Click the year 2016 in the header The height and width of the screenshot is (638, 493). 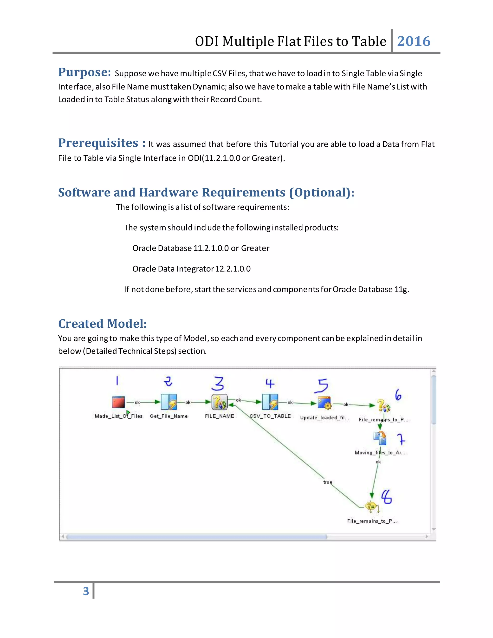coord(414,41)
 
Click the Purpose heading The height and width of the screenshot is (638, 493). coord(84,72)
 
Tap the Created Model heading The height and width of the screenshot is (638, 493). coord(102,324)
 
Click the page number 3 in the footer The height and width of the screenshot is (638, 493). coord(86,591)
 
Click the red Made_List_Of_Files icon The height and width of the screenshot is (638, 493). coord(118,402)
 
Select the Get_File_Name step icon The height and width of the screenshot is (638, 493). coord(169,402)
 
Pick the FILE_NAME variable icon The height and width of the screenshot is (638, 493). coord(219,402)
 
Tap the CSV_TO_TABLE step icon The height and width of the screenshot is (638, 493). coord(270,402)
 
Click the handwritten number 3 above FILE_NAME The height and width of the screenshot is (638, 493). coord(218,384)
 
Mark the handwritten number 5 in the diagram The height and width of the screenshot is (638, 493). coord(322,386)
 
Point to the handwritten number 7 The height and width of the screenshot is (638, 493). coord(401,439)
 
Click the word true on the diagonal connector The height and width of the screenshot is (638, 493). coord(328,482)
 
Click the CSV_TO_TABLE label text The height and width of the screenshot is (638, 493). coord(270,416)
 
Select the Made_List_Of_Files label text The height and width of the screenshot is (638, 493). coord(118,416)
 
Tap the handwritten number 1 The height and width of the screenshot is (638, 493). coord(117,381)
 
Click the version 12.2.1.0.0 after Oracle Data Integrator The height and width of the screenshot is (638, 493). coord(233,269)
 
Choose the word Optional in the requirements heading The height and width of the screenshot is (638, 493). coord(321,193)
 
